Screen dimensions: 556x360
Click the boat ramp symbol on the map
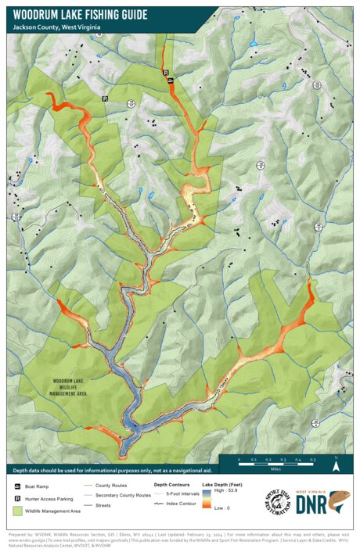click(x=171, y=79)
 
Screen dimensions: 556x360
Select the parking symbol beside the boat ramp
click(x=166, y=72)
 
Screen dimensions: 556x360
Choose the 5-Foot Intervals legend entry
click(x=184, y=495)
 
